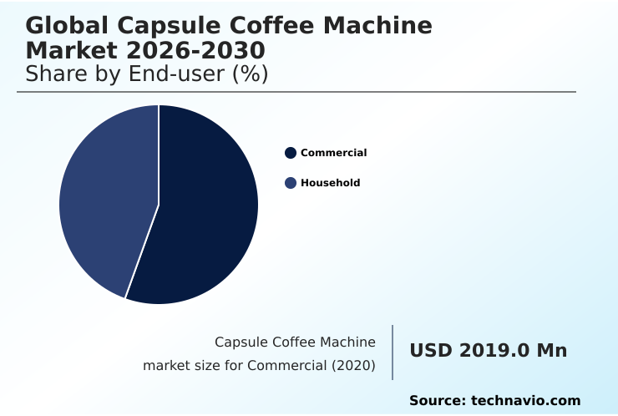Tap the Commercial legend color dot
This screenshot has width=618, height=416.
pos(291,153)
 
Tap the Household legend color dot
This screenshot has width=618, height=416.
pos(291,183)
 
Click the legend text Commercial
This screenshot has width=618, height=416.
pos(333,153)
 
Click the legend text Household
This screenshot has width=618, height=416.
pos(330,183)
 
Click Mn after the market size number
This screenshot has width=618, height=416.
pos(551,351)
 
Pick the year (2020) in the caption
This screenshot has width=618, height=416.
pos(355,366)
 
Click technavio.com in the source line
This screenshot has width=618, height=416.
pos(525,401)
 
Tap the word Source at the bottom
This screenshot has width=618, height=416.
pos(437,401)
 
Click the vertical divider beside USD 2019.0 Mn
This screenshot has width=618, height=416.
pos(393,353)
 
